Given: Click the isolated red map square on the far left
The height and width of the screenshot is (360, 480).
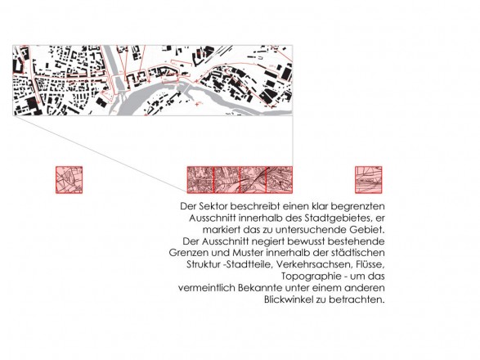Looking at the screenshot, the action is point(70,180).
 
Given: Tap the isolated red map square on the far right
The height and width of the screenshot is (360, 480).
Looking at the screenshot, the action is point(369,180).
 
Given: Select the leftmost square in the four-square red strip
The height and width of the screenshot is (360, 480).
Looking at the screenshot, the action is point(200,180).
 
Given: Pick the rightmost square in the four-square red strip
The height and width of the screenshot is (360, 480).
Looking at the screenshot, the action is point(280,180).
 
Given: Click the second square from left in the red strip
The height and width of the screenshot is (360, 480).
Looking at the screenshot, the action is point(227,180).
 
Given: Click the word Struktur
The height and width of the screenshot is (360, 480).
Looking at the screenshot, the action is point(204,264).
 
